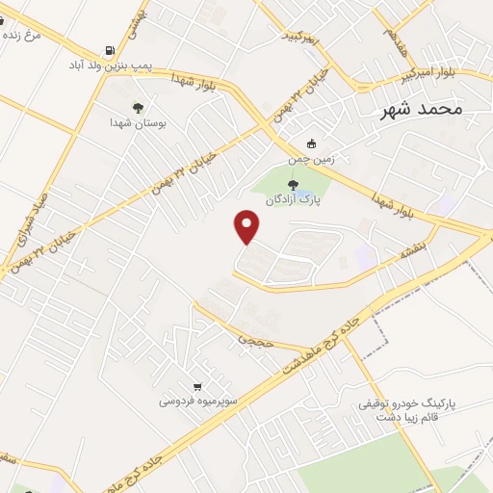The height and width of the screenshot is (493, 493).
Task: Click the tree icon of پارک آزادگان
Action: click(294, 185)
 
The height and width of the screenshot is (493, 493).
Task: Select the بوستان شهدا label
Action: click(133, 123)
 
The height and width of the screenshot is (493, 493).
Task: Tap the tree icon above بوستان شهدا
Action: click(137, 108)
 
